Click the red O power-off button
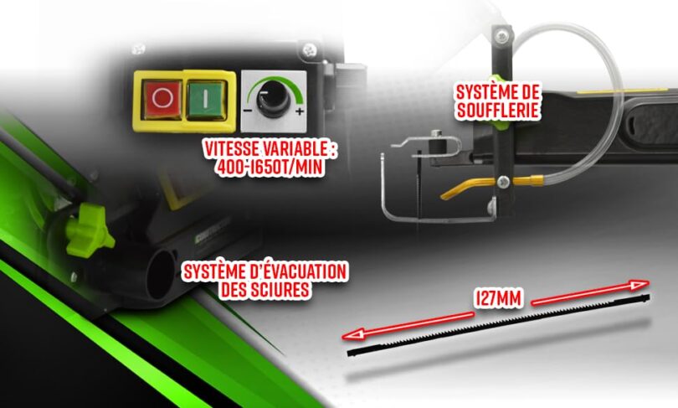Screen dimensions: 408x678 click(163, 99)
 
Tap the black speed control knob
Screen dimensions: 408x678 click(275, 101)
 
